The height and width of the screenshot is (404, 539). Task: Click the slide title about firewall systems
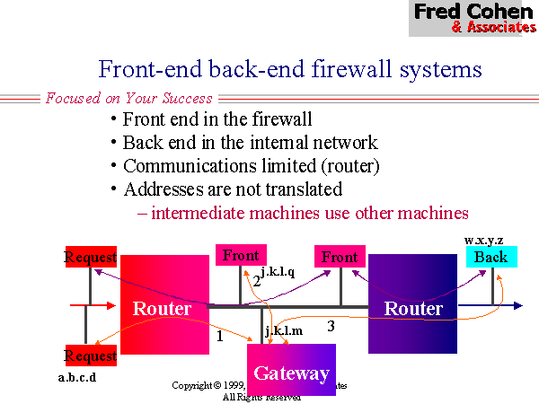(x=290, y=70)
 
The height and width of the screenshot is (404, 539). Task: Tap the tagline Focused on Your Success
(x=129, y=98)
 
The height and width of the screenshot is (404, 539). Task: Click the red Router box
(x=163, y=308)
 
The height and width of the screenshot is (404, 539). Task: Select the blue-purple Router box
(x=413, y=308)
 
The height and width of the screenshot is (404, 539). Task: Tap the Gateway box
(x=290, y=371)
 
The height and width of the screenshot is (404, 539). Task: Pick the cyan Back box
(x=491, y=257)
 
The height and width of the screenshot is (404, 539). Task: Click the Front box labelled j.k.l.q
(x=241, y=255)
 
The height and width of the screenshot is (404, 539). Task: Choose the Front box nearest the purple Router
(x=340, y=257)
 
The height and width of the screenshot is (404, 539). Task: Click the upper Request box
(x=92, y=258)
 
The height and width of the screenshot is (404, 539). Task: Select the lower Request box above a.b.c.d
(x=92, y=356)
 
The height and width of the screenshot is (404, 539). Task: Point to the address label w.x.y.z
(x=483, y=240)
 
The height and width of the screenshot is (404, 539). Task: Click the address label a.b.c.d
(x=77, y=377)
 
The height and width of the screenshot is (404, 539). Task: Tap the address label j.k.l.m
(x=283, y=331)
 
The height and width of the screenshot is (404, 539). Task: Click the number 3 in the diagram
(x=331, y=326)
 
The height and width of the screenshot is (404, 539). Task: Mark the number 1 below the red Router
(x=220, y=336)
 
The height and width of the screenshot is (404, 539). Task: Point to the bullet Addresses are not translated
(x=232, y=189)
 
